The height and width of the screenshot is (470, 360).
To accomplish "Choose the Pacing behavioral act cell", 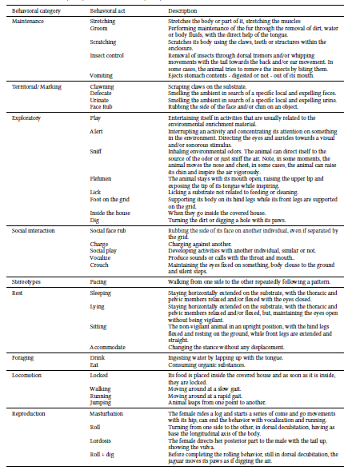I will pos(98,260).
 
